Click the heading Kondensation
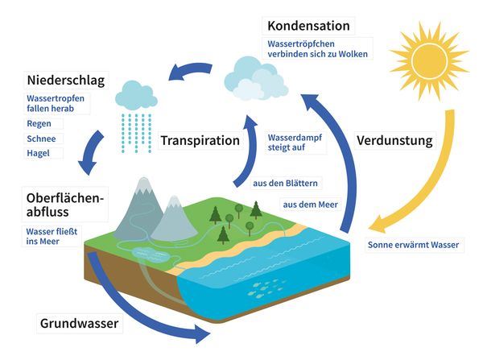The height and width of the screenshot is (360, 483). tap(308, 26)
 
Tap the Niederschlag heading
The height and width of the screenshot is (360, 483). tap(66, 81)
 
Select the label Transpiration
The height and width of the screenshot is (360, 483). tap(200, 141)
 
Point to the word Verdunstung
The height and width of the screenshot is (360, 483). tap(394, 141)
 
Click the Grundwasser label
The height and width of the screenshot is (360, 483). tap(79, 323)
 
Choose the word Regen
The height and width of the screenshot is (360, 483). tap(39, 123)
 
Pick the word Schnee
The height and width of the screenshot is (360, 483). tap(41, 139)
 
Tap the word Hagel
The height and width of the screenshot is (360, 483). tap(38, 153)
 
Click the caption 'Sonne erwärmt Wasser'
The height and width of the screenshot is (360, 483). tap(414, 245)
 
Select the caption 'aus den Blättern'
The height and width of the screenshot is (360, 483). tap(285, 184)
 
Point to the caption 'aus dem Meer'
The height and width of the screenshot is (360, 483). tap(310, 205)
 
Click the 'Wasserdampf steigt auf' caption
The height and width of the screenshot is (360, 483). tap(295, 143)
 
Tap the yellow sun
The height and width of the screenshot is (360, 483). tap(429, 60)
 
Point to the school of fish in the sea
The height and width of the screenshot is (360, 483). tap(265, 288)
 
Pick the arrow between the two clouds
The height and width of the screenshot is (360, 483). tap(189, 72)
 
